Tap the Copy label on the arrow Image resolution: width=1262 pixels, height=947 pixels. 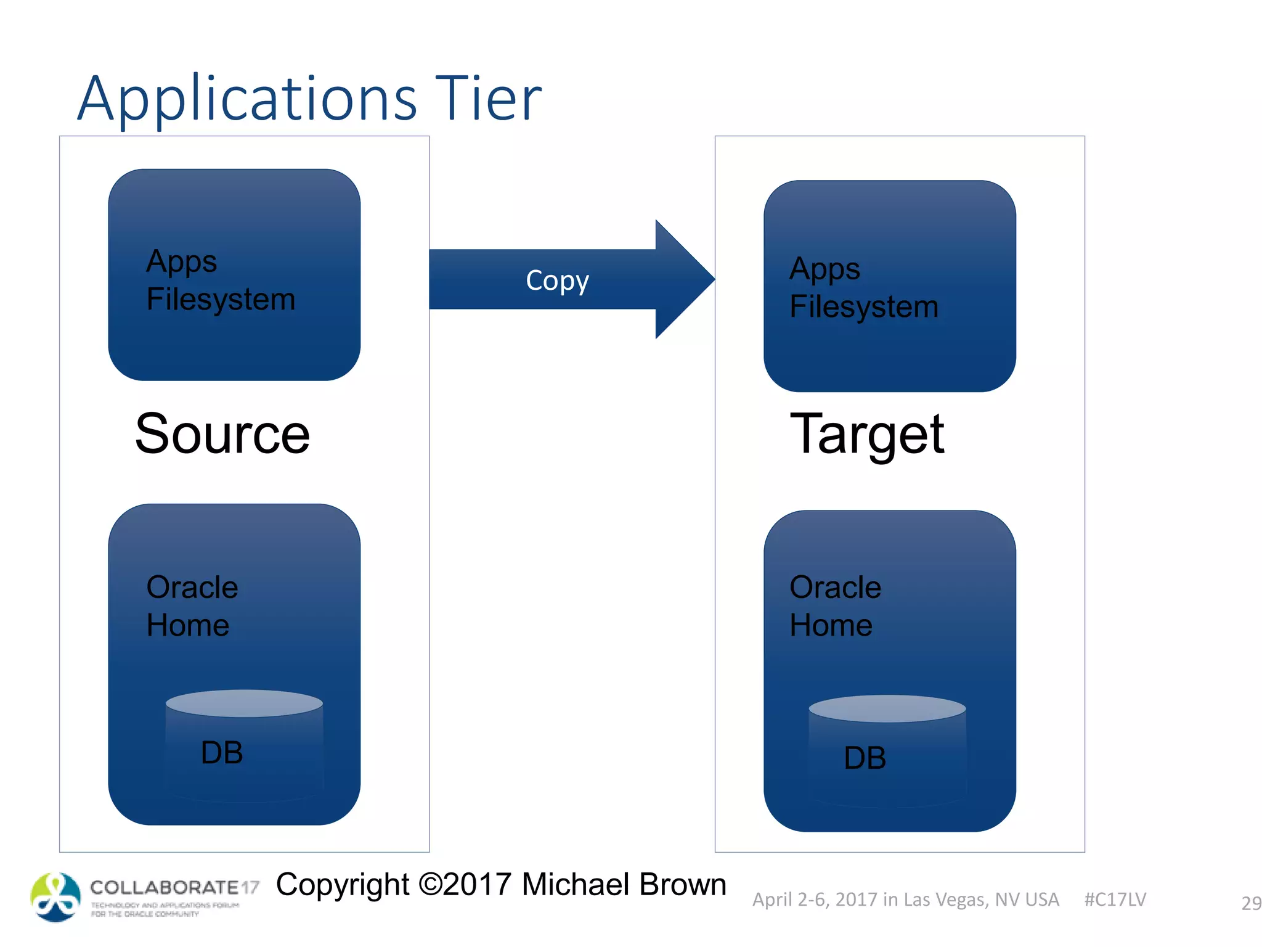557,281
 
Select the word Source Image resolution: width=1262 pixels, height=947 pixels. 222,434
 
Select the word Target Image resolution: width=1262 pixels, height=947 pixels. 866,434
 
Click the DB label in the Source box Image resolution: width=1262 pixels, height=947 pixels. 222,752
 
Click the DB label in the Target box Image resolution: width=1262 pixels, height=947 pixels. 865,758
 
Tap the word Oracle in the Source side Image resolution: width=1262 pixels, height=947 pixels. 192,587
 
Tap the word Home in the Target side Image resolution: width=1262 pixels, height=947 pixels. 831,625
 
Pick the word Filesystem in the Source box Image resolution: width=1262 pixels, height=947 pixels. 221,300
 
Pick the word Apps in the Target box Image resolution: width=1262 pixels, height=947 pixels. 824,269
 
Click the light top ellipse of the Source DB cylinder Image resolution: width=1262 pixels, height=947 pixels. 244,703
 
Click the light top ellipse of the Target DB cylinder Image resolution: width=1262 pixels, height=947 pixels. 887,708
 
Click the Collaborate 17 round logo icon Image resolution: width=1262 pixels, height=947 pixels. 55,897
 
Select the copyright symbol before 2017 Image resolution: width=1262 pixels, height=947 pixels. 431,885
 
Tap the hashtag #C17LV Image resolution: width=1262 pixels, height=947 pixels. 1115,900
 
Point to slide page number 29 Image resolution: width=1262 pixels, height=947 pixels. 1251,903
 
